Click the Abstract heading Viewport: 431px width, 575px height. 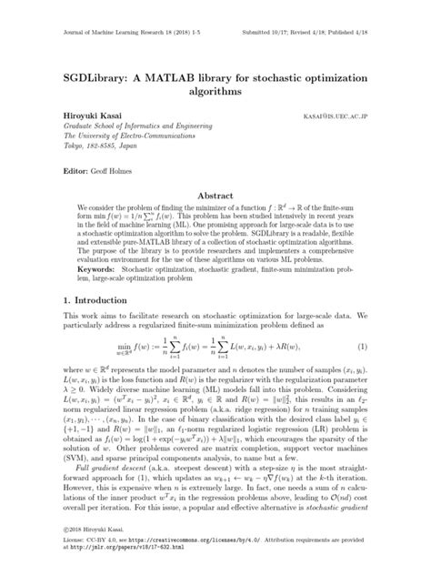pos(216,196)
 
